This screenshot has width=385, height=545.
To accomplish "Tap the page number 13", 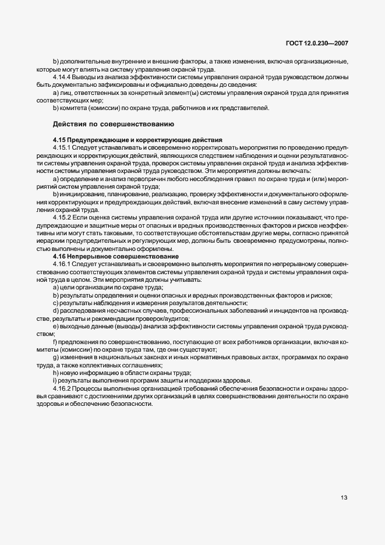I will tap(345, 497).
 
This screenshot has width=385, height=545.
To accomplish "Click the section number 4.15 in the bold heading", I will tap(59, 140).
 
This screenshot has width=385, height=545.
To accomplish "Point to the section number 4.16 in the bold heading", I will tap(59, 257).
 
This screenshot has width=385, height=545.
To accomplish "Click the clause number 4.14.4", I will tap(62, 77).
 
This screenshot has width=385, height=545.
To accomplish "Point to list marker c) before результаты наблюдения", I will tap(55, 303).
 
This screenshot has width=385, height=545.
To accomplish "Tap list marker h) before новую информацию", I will tap(55, 373).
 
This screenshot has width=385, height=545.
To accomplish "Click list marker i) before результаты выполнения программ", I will tap(55, 380).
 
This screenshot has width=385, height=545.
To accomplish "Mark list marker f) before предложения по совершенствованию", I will tap(55, 342).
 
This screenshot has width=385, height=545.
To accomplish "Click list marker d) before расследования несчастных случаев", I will tap(55, 311).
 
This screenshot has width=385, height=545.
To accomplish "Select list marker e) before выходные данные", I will tap(55, 326).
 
